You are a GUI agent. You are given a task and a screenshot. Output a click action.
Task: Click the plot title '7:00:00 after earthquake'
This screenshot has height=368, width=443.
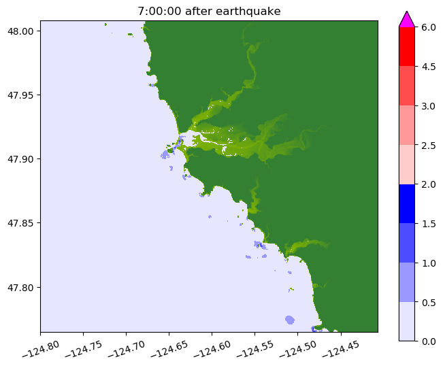pos(209,11)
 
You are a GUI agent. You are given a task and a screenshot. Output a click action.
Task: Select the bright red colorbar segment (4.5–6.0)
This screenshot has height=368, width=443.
pos(407,47)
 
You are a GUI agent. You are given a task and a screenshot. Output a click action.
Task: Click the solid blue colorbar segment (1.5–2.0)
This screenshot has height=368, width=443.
pos(407,203)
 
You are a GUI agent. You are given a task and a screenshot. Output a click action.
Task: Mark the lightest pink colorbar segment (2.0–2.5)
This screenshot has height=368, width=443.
pos(407,164)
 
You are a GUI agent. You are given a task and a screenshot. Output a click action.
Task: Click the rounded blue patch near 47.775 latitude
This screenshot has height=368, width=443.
pos(290,320)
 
